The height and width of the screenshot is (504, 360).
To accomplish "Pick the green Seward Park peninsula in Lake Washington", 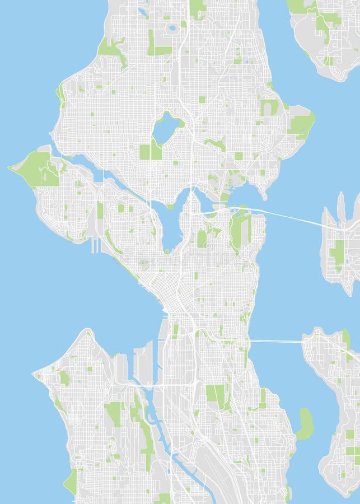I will (x=305, y=423).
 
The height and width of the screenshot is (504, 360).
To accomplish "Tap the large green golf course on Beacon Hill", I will (x=216, y=395).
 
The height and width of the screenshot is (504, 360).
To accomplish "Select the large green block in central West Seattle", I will (x=114, y=414).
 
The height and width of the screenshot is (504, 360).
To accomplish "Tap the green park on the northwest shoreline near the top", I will (x=110, y=48).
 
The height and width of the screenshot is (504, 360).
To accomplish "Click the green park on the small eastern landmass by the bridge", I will (x=338, y=252).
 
